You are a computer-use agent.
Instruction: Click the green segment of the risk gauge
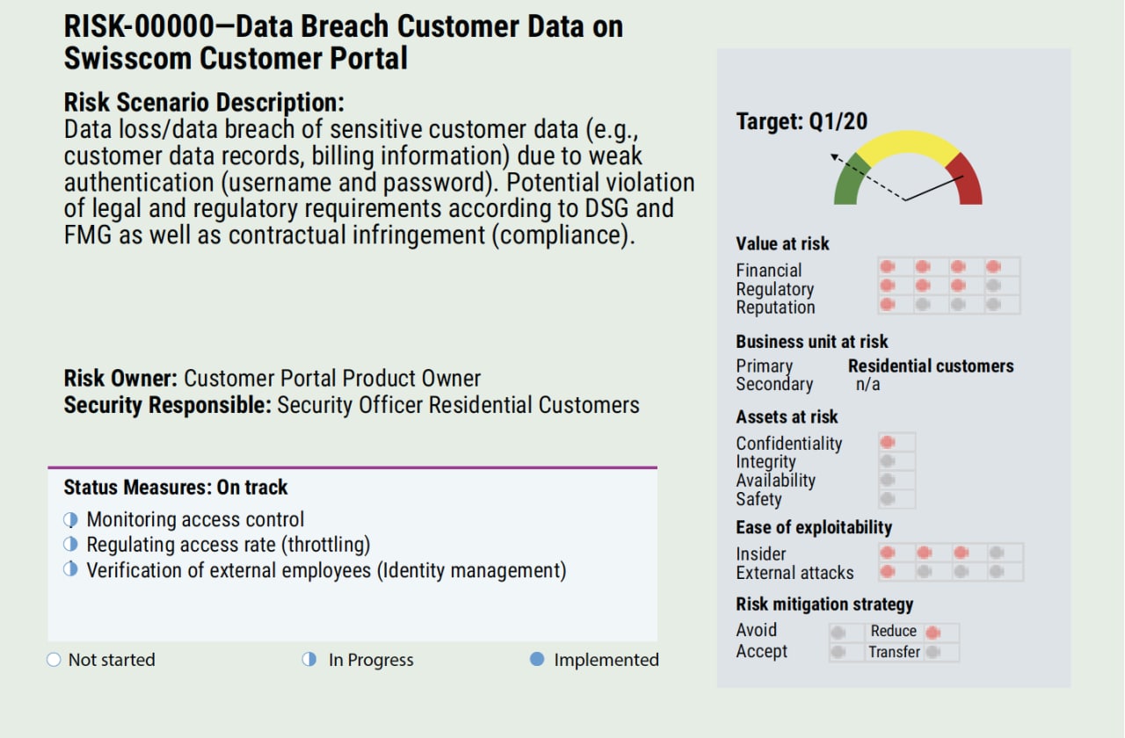(849, 182)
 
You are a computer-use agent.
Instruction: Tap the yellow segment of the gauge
(908, 143)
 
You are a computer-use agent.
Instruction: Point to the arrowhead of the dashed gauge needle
(833, 157)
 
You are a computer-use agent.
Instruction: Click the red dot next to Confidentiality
(888, 442)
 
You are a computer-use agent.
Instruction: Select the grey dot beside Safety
(888, 498)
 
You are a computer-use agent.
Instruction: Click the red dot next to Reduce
(933, 632)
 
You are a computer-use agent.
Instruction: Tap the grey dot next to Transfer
(933, 652)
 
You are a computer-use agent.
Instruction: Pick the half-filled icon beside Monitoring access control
(71, 519)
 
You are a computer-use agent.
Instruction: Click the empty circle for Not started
(54, 659)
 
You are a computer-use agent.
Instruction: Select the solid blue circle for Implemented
(537, 659)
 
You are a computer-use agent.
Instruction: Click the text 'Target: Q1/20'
(802, 121)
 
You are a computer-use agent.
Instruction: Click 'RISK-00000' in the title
(139, 26)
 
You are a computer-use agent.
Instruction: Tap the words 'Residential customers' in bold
(931, 366)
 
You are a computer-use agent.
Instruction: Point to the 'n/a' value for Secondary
(867, 385)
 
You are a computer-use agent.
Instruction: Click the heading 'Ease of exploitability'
(814, 527)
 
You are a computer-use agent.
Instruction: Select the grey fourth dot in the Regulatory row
(993, 286)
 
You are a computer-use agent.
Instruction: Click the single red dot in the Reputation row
(888, 304)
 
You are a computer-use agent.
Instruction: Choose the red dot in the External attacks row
(888, 571)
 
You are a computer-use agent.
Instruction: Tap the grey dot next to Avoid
(838, 632)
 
